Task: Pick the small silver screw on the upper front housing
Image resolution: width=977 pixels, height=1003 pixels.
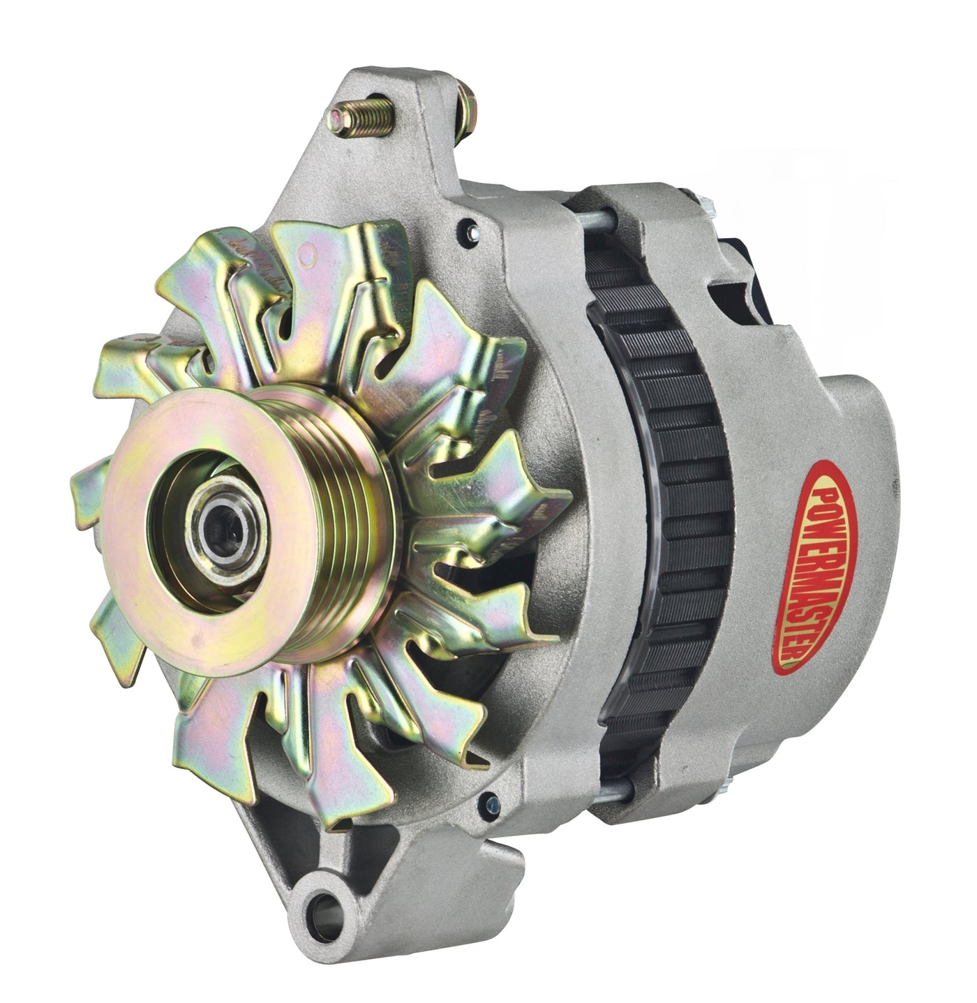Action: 468,225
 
